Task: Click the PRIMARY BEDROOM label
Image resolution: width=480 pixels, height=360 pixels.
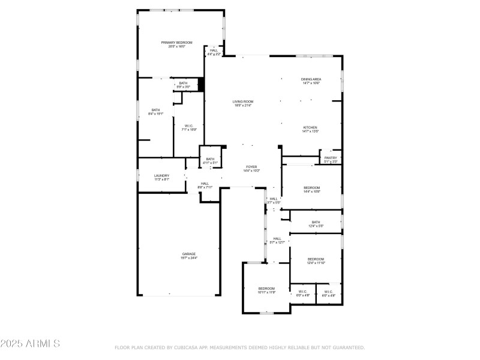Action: click(177, 43)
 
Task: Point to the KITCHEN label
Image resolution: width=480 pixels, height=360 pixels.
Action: click(310, 128)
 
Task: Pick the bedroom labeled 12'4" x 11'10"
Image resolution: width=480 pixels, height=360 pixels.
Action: click(316, 260)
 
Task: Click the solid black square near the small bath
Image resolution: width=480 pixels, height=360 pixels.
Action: click(202, 85)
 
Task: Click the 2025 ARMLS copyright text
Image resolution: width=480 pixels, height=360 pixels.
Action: click(30, 344)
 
